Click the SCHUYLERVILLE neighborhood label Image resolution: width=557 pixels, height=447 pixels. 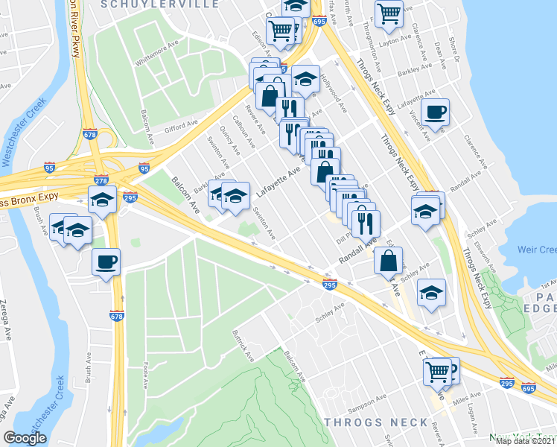point(176,4)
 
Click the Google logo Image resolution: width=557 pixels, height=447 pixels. point(25,439)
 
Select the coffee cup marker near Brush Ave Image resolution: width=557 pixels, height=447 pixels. point(105,263)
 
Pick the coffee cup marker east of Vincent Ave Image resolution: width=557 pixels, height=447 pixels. point(435,112)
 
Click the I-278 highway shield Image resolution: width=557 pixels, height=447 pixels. point(101,181)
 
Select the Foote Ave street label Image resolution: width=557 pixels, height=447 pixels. point(146,370)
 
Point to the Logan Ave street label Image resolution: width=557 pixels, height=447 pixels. point(474,418)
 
